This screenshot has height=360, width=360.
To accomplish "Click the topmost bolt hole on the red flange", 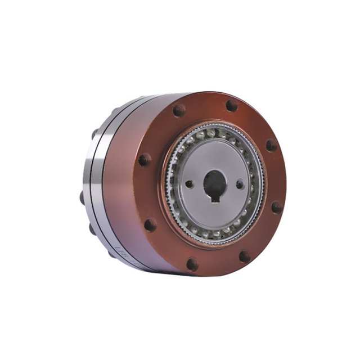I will (x=231, y=105).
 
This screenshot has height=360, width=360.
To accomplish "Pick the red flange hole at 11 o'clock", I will (x=179, y=111).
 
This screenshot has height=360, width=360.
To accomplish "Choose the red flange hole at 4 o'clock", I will (x=276, y=207).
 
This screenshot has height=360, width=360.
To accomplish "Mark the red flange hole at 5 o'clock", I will (x=245, y=256).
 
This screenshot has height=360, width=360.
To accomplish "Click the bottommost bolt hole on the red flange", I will (x=192, y=264).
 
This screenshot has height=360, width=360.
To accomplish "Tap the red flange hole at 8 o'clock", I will (x=150, y=225).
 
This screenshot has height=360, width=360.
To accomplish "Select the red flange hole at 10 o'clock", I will (x=145, y=160).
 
